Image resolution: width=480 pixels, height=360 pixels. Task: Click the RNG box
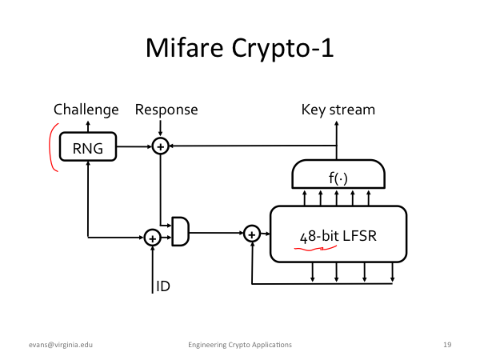88,146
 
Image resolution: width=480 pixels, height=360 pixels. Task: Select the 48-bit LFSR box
338,234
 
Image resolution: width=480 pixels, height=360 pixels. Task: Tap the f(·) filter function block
338,174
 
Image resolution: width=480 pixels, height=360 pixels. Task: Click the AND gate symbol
180,231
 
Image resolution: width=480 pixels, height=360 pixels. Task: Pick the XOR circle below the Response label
161,146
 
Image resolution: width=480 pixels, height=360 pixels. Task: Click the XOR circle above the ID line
153,238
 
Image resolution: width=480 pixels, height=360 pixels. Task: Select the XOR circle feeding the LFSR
252,234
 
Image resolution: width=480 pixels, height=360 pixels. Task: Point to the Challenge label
86,110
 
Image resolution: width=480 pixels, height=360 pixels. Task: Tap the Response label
166,110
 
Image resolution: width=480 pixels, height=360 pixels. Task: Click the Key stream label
338,110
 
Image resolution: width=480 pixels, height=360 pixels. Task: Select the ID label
163,286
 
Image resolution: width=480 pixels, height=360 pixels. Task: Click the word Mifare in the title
185,48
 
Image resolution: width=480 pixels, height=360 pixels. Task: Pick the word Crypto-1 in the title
282,49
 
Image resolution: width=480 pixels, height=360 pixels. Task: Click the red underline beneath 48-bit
315,249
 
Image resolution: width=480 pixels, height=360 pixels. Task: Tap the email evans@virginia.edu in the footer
61,345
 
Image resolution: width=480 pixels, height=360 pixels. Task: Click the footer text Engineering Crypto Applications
240,345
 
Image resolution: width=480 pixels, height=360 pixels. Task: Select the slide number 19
447,345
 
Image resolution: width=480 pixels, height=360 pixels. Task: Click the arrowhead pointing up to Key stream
337,123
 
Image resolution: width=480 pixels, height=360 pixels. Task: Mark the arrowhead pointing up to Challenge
88,123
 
